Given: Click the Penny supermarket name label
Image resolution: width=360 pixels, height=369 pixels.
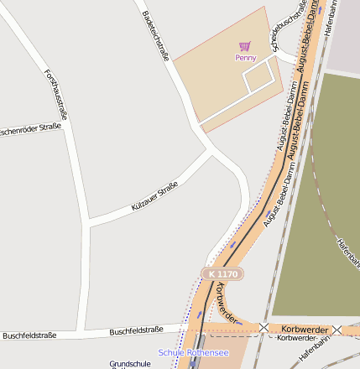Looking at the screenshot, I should click(245, 58).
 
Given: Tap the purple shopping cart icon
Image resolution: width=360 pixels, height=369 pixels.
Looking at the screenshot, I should click(244, 46).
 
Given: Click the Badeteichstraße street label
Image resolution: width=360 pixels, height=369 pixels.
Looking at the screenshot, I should click(156, 35).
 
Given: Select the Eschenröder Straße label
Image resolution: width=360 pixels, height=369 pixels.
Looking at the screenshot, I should click(30, 132).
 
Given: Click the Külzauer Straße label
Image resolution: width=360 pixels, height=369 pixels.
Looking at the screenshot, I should click(154, 196).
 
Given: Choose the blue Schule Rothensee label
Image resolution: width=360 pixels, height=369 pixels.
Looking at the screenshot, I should click(193, 353).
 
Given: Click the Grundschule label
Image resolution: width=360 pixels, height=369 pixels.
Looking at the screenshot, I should click(130, 364).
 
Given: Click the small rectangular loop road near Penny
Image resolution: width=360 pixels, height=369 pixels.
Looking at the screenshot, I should click(259, 78).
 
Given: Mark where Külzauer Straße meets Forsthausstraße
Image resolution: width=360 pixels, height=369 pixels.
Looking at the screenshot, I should click(88, 223).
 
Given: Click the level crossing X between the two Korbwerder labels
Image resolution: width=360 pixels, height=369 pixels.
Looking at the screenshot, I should click(264, 327).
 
